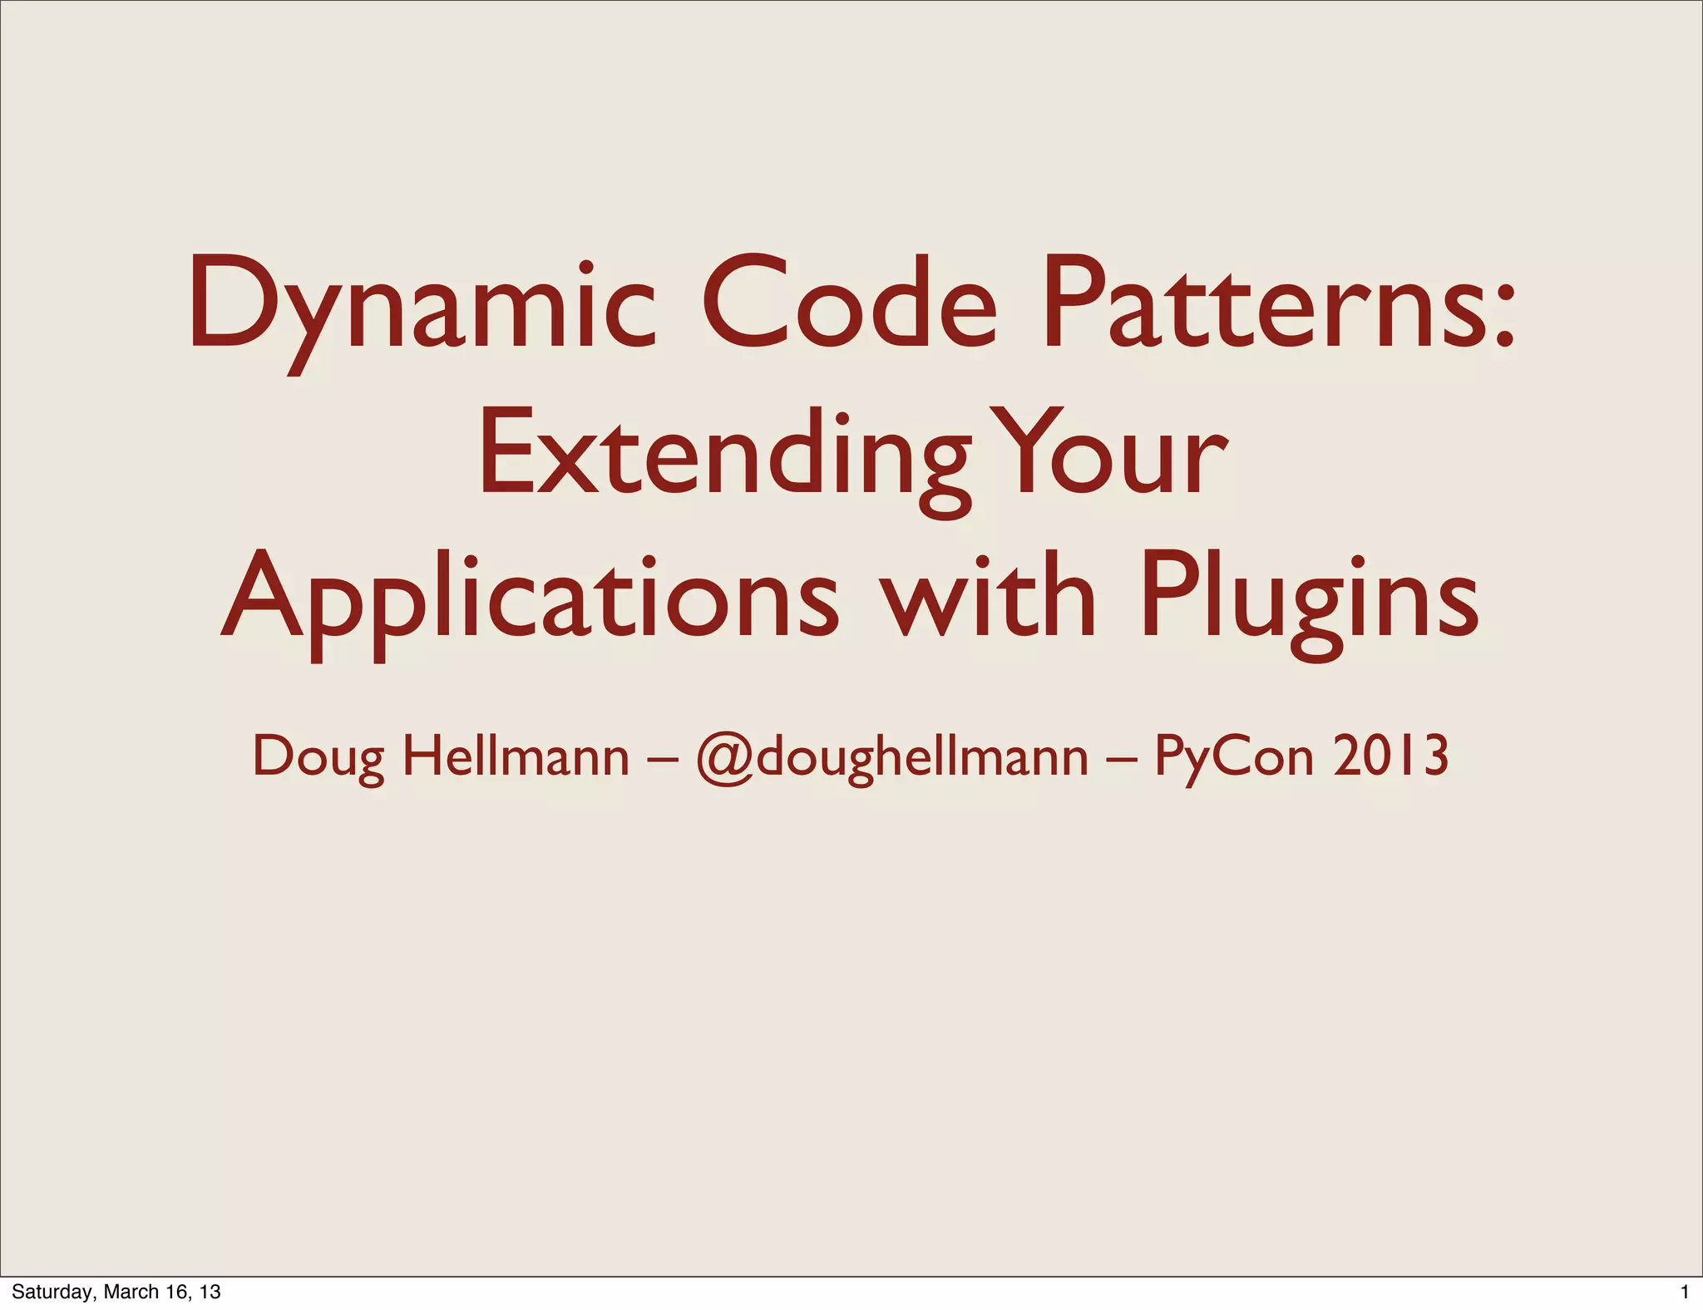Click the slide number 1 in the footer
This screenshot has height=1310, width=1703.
(x=1685, y=1292)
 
